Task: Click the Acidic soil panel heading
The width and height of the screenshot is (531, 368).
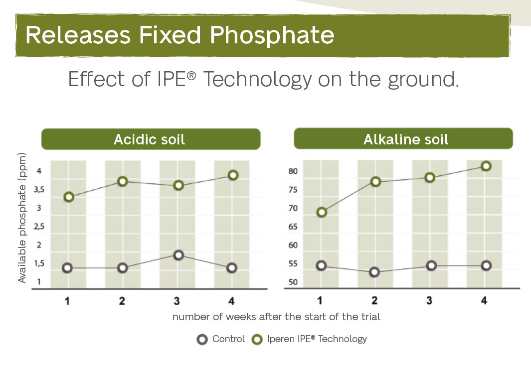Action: tap(150, 139)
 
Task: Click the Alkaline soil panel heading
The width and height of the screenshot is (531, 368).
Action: tap(406, 139)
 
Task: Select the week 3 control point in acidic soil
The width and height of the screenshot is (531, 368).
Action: tap(177, 255)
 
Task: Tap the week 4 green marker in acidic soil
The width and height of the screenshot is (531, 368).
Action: tap(232, 175)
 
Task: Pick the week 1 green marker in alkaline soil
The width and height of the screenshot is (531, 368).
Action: tap(322, 213)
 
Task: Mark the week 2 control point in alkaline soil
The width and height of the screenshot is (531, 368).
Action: tap(374, 272)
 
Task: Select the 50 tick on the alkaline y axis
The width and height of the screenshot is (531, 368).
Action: tap(293, 283)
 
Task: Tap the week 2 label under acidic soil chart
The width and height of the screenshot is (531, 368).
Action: tap(122, 301)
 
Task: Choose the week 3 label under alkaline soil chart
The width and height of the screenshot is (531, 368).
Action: tap(429, 301)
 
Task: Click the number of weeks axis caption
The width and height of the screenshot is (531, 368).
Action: tap(276, 317)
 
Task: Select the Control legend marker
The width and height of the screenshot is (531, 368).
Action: tap(202, 340)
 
